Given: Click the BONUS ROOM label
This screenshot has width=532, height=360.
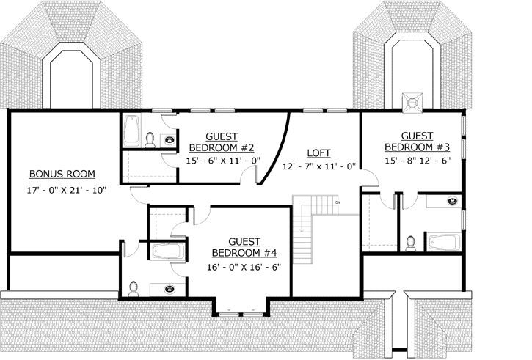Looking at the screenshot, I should [62, 174].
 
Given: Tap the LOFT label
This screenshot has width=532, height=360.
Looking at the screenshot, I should [319, 153].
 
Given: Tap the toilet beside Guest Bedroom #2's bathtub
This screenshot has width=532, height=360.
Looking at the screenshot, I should [150, 138].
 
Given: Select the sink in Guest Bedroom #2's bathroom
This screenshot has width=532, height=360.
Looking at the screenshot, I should [170, 139].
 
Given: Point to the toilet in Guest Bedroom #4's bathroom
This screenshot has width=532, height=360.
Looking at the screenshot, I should [132, 288].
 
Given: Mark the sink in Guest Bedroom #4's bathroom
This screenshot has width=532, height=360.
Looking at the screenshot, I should [170, 289].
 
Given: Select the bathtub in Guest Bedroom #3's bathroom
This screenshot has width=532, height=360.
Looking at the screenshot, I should [443, 240].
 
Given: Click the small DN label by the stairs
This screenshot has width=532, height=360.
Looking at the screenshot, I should [338, 201].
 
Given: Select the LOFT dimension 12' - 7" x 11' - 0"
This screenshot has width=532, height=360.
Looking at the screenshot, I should [319, 166].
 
